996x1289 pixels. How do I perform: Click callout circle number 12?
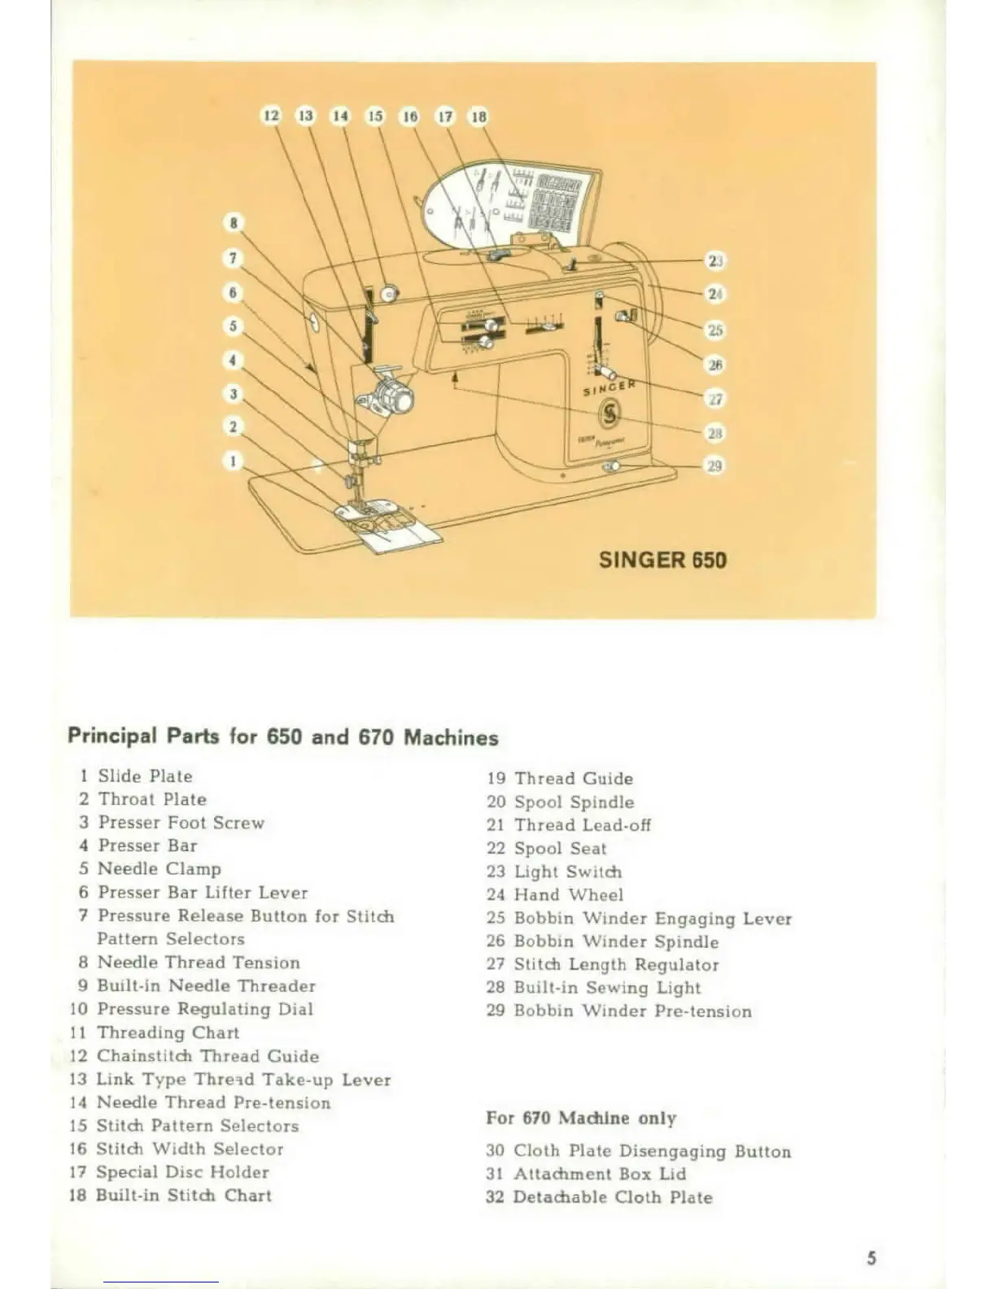pos(271,116)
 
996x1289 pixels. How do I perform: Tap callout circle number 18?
pos(478,116)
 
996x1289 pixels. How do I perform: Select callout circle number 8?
pos(234,222)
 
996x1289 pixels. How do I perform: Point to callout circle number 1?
pos(234,461)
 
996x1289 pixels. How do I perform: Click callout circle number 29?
pos(714,466)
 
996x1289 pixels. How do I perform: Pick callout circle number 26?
pos(714,365)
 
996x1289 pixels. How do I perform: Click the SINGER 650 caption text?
pos(662,560)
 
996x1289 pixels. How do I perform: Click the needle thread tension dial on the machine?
pos(399,400)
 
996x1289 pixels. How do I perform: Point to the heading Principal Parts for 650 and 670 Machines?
pos(283,736)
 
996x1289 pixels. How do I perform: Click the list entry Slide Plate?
pos(145,776)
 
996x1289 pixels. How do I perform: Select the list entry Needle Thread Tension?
pos(198,962)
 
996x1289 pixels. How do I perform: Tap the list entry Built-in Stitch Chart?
pos(183,1195)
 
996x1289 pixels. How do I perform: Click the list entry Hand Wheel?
pos(568,895)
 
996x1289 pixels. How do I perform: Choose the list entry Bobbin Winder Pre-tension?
pos(632,1012)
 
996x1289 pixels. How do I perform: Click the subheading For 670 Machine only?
pos(581,1118)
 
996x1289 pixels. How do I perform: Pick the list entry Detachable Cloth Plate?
pos(612,1197)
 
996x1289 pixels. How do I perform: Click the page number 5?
pos(871,1258)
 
